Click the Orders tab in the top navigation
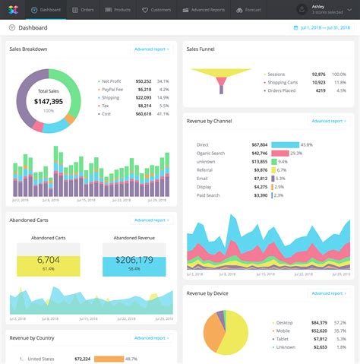coord(84,10)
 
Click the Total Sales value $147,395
coord(49,101)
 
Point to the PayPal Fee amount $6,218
coord(144,89)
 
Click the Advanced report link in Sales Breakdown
coord(152,49)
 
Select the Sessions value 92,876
coord(318,74)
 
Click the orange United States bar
coord(109,359)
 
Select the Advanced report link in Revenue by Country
coord(152,338)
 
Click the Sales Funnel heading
coord(201,49)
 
